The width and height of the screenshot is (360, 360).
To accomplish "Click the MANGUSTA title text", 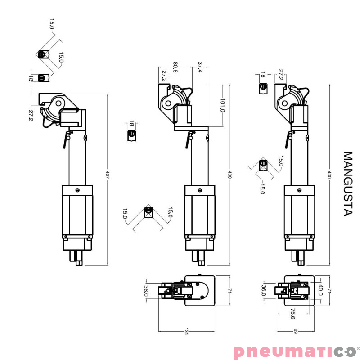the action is (348, 184).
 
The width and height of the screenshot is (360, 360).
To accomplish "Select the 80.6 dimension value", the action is (175, 67).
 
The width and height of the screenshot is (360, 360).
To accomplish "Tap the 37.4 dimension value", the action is (200, 67).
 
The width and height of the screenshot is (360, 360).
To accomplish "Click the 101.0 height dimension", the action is (222, 105).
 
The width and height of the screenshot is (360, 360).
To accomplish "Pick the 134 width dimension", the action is (186, 332).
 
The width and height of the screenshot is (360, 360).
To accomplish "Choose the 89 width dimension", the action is (296, 332).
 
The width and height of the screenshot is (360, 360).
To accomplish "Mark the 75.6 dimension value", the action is (293, 314).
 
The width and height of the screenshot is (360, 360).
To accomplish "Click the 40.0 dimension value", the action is (321, 290).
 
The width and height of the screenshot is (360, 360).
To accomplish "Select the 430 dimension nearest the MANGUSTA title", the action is (329, 175).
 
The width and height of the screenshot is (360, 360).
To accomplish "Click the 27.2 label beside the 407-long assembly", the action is (31, 116).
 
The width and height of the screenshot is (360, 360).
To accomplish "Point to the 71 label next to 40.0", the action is (329, 290).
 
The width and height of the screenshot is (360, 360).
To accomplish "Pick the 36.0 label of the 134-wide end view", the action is (146, 291).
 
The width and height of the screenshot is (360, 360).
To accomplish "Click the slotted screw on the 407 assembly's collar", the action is (77, 190).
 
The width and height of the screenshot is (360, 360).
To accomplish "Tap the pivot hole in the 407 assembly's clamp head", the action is (58, 103).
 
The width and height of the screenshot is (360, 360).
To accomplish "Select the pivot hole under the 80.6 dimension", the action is (168, 103).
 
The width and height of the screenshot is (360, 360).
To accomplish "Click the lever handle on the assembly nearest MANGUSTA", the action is (287, 140).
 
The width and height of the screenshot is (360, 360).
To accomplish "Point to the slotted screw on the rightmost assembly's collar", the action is (299, 190).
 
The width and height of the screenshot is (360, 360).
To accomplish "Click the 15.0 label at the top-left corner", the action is (52, 24).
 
